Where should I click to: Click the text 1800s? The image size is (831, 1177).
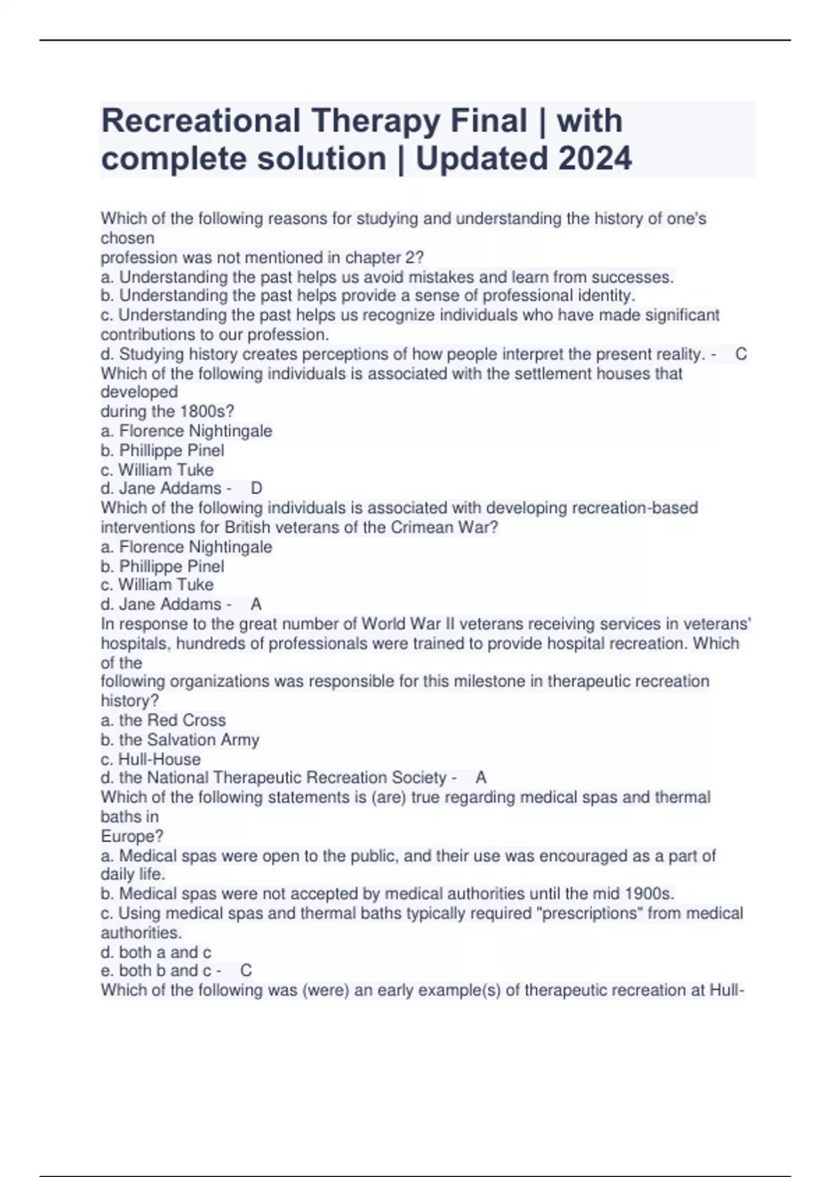[207, 411]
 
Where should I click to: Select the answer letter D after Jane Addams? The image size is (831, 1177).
[256, 489]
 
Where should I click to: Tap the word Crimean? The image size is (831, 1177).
[422, 528]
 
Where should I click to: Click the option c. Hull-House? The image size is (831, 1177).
[150, 759]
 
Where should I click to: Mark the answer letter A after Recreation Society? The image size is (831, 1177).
[481, 778]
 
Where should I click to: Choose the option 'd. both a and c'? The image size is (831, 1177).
[156, 952]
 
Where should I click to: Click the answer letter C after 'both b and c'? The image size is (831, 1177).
[246, 971]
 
